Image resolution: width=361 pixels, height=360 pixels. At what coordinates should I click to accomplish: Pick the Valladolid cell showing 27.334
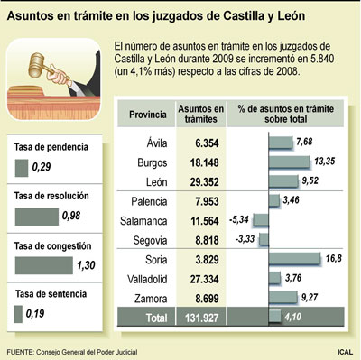click(197, 278)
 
